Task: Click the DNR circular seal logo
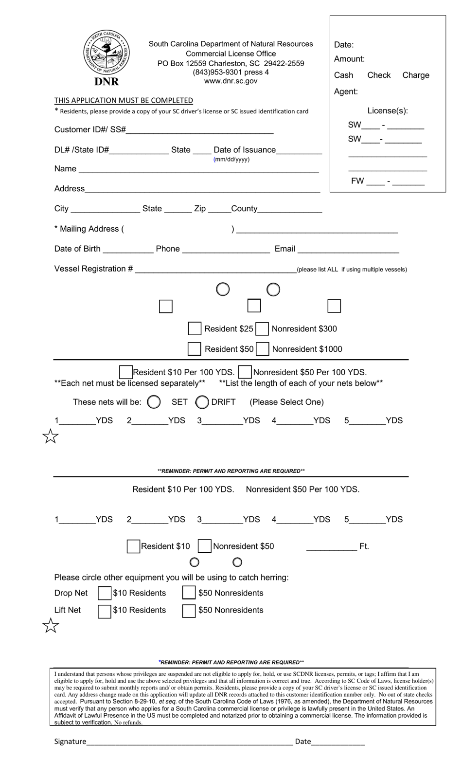(107, 53)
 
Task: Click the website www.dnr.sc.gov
(231, 81)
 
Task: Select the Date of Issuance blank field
(299, 150)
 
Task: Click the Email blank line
(348, 249)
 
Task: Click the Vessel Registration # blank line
(215, 269)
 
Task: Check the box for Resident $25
(195, 329)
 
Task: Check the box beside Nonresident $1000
(263, 349)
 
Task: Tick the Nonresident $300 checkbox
(262, 329)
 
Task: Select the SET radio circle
(154, 402)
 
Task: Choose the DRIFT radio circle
(202, 402)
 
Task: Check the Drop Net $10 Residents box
(105, 593)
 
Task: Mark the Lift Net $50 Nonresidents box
(189, 611)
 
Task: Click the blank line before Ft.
(331, 546)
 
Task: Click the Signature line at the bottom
(190, 742)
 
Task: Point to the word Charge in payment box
(415, 75)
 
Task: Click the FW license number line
(408, 181)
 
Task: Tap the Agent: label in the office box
(346, 92)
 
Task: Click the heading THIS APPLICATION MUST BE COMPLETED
(124, 101)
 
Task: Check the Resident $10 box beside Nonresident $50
(133, 546)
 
